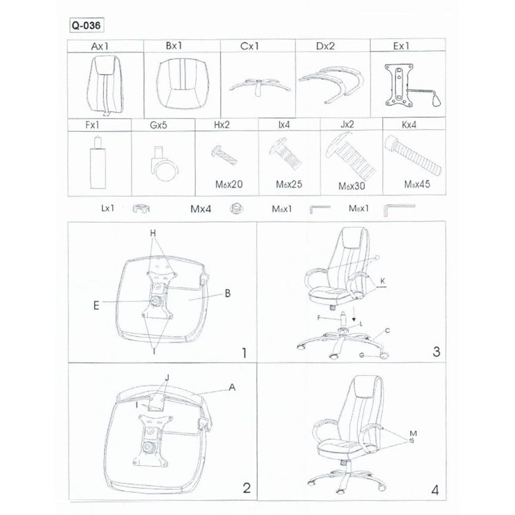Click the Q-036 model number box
click(x=87, y=25)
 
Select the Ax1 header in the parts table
click(x=99, y=46)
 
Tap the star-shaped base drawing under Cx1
click(x=260, y=87)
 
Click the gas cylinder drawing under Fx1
click(x=97, y=163)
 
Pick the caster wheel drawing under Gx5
click(x=164, y=164)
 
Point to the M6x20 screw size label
click(x=229, y=184)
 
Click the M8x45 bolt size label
click(x=417, y=184)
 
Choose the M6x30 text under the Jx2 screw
click(x=351, y=186)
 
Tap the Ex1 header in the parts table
click(x=401, y=46)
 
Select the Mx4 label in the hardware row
click(x=201, y=209)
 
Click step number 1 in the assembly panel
click(x=244, y=353)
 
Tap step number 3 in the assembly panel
click(x=436, y=352)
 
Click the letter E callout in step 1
click(x=96, y=306)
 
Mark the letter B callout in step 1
click(x=228, y=294)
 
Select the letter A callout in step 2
click(x=232, y=388)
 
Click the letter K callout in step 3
click(x=383, y=281)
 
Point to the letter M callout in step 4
click(x=413, y=434)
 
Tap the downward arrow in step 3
click(x=354, y=314)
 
